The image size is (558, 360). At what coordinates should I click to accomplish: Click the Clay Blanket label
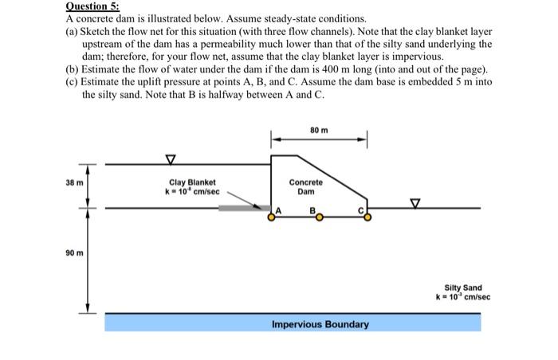click(191, 182)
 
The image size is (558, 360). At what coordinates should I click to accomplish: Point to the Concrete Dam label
click(306, 187)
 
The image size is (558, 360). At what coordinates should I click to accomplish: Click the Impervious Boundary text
click(320, 324)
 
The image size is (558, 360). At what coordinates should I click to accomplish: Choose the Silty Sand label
click(462, 288)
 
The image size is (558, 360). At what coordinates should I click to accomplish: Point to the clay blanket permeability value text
click(191, 192)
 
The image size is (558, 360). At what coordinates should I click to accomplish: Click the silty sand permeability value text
click(462, 297)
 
